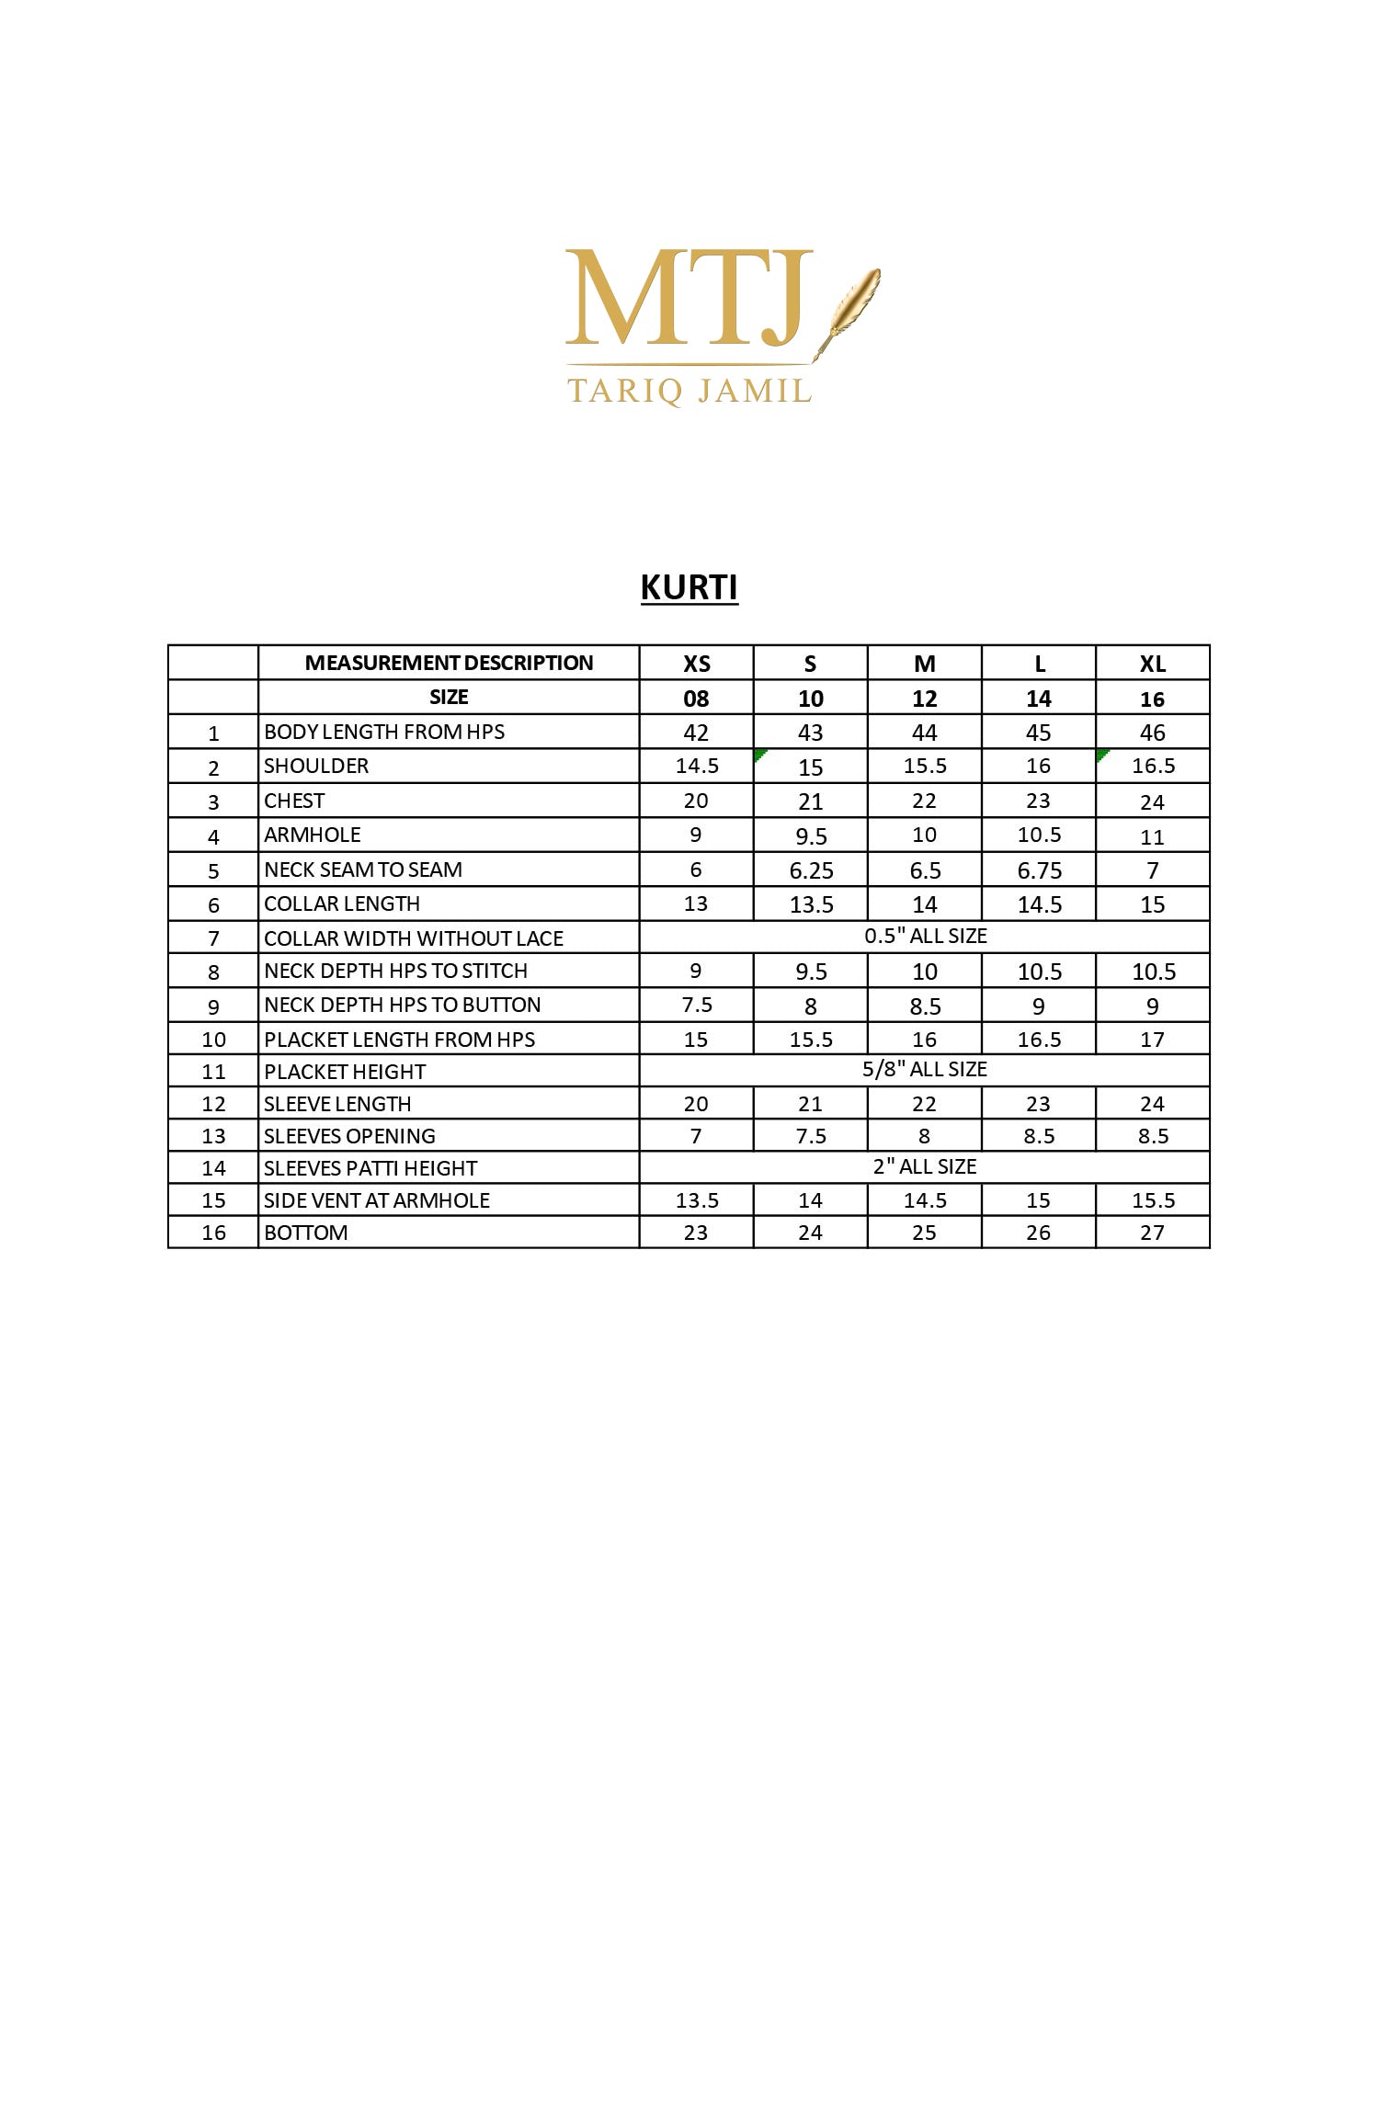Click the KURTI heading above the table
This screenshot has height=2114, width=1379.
[x=689, y=587]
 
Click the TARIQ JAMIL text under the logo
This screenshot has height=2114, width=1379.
[x=689, y=391]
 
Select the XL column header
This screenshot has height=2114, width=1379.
[x=1152, y=664]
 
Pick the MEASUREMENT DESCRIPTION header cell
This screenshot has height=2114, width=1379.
[x=449, y=663]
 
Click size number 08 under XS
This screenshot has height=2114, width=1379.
[x=696, y=699]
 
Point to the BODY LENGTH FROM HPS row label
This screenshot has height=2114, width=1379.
[x=384, y=732]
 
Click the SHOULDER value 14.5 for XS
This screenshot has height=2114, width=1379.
[x=697, y=766]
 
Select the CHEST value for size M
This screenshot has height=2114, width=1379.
[x=924, y=801]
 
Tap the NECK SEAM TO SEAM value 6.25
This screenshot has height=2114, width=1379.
[x=811, y=869]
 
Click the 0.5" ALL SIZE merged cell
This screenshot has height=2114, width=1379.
[x=925, y=936]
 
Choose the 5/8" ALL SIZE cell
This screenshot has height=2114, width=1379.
[x=925, y=1069]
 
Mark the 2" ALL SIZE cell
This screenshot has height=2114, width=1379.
[x=925, y=1166]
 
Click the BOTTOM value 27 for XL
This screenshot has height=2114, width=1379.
[x=1152, y=1233]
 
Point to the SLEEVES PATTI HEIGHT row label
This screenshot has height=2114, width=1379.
[x=370, y=1168]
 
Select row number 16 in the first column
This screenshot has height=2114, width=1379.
[x=213, y=1233]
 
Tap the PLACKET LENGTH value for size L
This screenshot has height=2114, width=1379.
[x=1039, y=1040]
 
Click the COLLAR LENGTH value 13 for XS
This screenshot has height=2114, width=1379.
[x=696, y=904]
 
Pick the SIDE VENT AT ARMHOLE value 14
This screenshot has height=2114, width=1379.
[x=810, y=1200]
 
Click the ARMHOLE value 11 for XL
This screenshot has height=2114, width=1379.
[x=1152, y=836]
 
